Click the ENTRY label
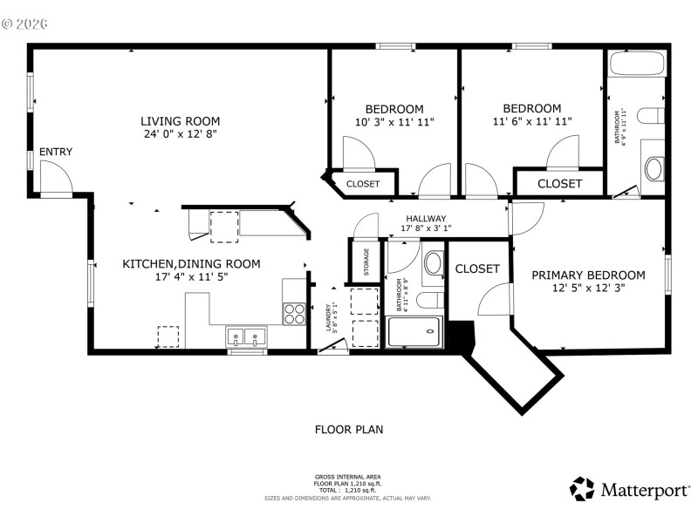[56, 153]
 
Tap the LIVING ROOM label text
[181, 121]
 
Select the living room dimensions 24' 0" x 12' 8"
[181, 135]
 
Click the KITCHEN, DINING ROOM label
[191, 264]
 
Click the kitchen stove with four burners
[295, 313]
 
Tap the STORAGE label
[366, 262]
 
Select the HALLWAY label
[426, 219]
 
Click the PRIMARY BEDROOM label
[589, 275]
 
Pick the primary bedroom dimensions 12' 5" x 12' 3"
[589, 289]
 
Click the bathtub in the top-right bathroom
[636, 65]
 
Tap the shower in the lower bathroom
[414, 332]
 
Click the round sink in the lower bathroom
[434, 264]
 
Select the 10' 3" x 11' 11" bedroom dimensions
[394, 122]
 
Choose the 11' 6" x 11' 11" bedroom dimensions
[532, 122]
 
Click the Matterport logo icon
[582, 488]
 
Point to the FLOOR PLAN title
[349, 430]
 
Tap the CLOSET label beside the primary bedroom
[478, 269]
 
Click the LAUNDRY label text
[329, 317]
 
